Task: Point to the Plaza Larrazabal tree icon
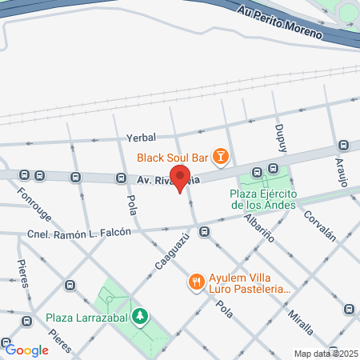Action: tap(140, 317)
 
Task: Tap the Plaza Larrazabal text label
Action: tap(89, 317)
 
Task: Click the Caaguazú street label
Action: tap(167, 250)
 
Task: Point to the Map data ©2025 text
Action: tap(325, 354)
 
